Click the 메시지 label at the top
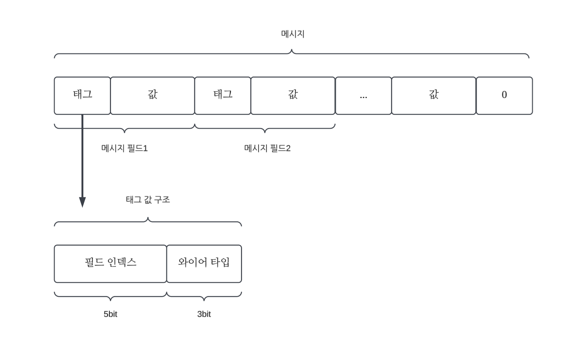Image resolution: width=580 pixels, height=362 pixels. click(x=293, y=34)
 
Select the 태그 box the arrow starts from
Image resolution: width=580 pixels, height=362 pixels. click(x=82, y=95)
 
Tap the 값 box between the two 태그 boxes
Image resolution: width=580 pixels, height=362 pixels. click(x=152, y=95)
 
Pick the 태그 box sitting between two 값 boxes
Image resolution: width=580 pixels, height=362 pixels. click(x=223, y=95)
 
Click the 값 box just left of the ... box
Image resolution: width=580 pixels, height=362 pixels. click(x=293, y=95)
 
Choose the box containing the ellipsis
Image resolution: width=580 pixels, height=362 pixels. click(x=363, y=95)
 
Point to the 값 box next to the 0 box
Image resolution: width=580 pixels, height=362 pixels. click(x=433, y=95)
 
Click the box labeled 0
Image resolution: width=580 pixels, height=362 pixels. click(x=504, y=95)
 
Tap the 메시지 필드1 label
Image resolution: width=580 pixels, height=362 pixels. click(x=124, y=148)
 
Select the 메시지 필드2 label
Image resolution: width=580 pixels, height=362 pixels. click(x=267, y=148)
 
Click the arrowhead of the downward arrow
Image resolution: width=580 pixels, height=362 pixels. click(x=82, y=202)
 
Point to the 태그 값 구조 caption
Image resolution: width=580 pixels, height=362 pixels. click(x=148, y=200)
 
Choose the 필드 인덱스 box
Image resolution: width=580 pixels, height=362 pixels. click(x=110, y=264)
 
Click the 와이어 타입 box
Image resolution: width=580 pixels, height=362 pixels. click(x=204, y=264)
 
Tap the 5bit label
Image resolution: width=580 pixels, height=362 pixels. click(x=110, y=314)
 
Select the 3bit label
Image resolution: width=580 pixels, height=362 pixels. click(x=204, y=314)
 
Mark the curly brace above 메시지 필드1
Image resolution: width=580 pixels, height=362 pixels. click(x=124, y=128)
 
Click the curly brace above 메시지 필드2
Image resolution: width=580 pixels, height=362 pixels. click(x=265, y=128)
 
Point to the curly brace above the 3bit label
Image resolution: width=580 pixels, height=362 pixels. click(x=204, y=296)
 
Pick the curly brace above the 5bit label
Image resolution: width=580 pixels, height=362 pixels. click(x=110, y=296)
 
